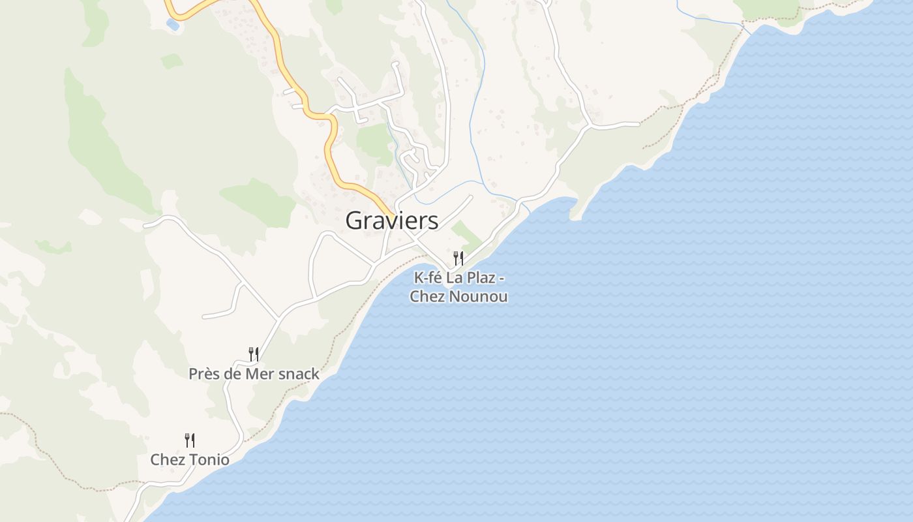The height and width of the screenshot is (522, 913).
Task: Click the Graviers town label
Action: [x=391, y=221]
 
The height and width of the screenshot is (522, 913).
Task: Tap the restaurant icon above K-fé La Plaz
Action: [x=458, y=258]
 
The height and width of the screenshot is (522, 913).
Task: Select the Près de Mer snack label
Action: [x=254, y=374]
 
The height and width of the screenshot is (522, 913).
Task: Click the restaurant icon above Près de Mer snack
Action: [x=254, y=354]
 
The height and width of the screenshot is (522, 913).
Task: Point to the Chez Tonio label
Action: [x=190, y=459]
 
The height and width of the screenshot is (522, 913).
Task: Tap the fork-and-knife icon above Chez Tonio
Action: [x=190, y=440]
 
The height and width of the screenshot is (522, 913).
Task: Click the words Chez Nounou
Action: [x=458, y=296]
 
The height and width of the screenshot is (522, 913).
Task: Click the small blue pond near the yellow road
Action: [x=172, y=24]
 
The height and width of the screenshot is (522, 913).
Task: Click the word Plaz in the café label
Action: [x=484, y=278]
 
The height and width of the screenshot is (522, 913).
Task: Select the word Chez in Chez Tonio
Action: [x=165, y=459]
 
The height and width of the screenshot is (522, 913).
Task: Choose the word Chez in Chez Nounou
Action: [x=425, y=296]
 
